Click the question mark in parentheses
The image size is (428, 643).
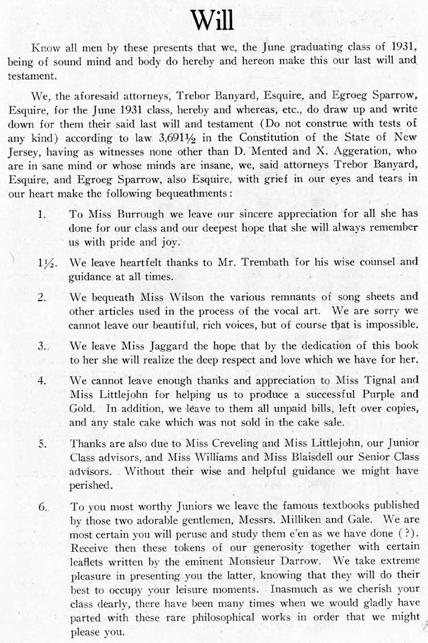click(x=405, y=536)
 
